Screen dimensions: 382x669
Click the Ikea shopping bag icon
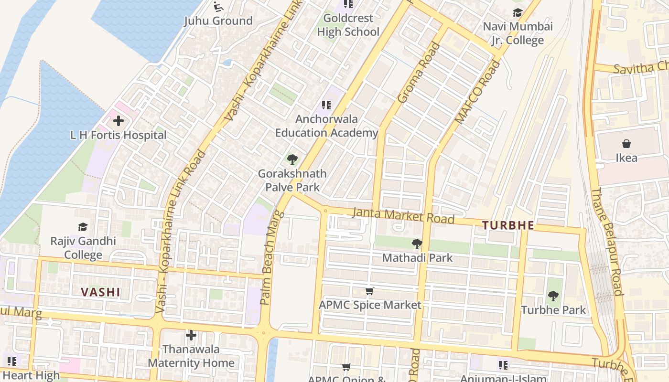pos(626,144)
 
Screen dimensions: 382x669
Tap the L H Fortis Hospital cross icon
pos(118,121)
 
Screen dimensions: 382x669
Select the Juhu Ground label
pos(218,21)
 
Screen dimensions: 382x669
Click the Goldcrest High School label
pos(348,25)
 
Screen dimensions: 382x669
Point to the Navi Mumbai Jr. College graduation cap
pos(518,12)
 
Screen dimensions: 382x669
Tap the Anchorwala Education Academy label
pos(326,126)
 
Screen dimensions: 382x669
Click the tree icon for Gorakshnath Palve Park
pos(292,159)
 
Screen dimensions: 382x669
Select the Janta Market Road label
pos(403,215)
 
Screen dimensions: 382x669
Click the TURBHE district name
pos(507,225)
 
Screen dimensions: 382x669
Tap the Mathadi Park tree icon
pos(417,244)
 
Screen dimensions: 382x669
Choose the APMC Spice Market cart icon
pos(369,291)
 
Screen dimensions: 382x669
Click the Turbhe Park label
pos(553,310)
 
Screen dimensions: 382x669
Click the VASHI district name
pos(100,292)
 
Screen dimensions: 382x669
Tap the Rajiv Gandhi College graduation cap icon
pos(83,227)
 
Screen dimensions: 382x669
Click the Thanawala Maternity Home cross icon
pos(191,335)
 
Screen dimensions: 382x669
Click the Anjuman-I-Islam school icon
pos(503,365)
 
